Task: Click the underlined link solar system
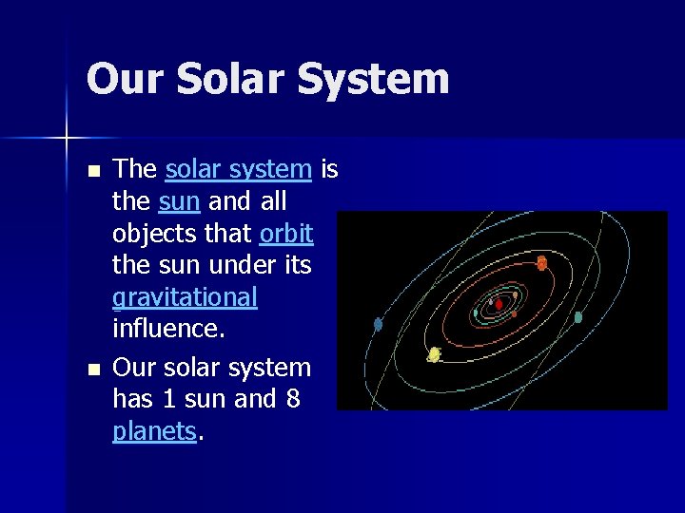(x=238, y=170)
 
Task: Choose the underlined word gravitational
(x=185, y=298)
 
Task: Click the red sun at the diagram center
(x=498, y=304)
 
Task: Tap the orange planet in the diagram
(x=541, y=263)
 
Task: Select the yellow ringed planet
(x=434, y=354)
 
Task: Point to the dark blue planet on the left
(x=378, y=324)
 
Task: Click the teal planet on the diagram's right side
(x=577, y=317)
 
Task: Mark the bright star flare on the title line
(x=67, y=139)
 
